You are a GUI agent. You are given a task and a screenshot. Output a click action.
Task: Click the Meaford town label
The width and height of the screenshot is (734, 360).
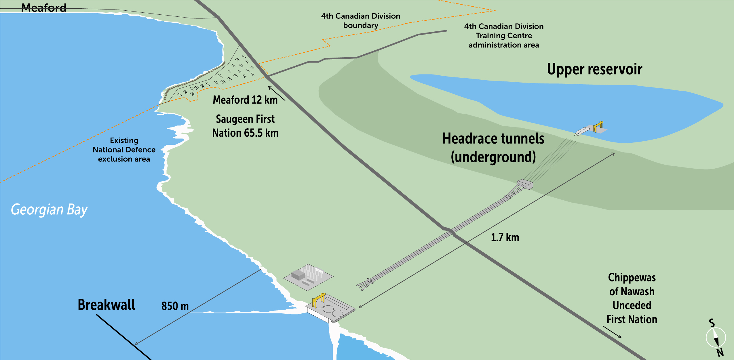pyautogui.click(x=44, y=8)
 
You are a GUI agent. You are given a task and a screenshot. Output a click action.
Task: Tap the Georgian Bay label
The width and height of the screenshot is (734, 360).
pyautogui.click(x=49, y=209)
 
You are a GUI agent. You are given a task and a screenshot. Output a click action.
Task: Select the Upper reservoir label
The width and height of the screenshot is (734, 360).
pyautogui.click(x=594, y=69)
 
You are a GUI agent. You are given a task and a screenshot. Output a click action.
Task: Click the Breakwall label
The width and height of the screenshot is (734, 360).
pyautogui.click(x=106, y=305)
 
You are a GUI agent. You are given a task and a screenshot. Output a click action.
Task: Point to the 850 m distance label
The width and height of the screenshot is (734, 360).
pyautogui.click(x=175, y=306)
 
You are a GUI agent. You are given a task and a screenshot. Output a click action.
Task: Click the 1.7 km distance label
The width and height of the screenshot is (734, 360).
pyautogui.click(x=505, y=237)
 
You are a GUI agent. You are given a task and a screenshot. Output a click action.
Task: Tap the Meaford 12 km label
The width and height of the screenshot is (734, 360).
pyautogui.click(x=245, y=100)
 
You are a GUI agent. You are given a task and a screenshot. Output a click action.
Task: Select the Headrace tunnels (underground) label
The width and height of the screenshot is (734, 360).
pyautogui.click(x=493, y=148)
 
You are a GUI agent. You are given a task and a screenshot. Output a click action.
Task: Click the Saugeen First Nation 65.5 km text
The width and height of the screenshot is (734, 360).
pyautogui.click(x=245, y=126)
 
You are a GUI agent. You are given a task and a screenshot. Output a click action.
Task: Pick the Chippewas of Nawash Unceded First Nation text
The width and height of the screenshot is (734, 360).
pyautogui.click(x=632, y=298)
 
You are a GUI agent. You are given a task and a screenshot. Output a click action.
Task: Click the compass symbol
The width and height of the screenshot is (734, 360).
pyautogui.click(x=716, y=337)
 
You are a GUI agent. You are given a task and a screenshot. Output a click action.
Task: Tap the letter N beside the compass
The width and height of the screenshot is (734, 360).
pyautogui.click(x=720, y=352)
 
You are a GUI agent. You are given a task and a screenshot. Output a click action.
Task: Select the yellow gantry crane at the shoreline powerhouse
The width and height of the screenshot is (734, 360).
pyautogui.click(x=319, y=300)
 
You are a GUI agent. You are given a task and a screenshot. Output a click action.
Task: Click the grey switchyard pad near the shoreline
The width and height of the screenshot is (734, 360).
pyautogui.click(x=308, y=277)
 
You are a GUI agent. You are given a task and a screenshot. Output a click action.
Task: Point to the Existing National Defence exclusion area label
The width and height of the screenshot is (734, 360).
pyautogui.click(x=124, y=150)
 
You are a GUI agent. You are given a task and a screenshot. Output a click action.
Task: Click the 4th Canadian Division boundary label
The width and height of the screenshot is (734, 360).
pyautogui.click(x=361, y=20)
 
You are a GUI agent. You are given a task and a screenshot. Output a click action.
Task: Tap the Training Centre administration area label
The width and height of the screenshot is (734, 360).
pyautogui.click(x=504, y=36)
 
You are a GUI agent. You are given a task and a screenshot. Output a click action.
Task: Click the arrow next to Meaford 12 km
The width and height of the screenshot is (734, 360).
pyautogui.click(x=277, y=93)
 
